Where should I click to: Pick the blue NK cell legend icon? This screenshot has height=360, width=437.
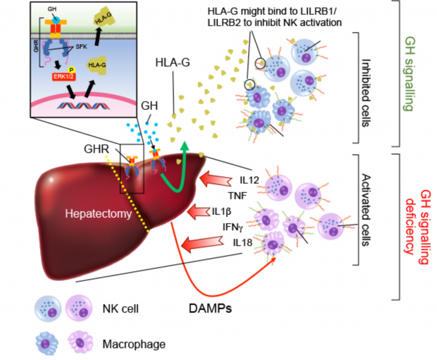coord(47,309)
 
